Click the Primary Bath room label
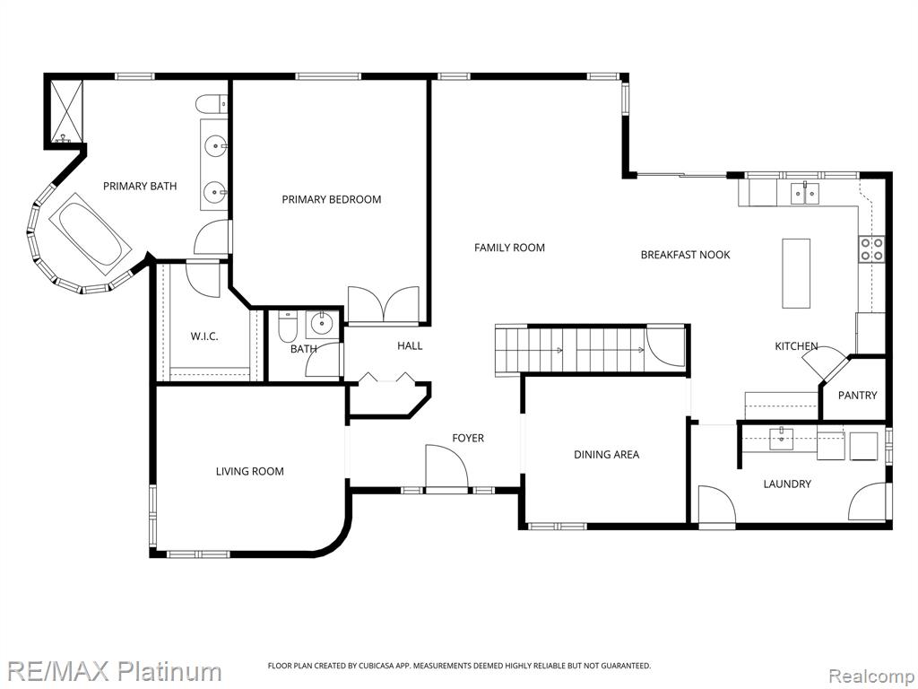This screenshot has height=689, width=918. coord(140,187)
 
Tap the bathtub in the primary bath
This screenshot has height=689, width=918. coord(91,234)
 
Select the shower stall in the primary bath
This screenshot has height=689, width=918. coord(64,112)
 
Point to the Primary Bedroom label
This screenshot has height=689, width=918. coord(332,199)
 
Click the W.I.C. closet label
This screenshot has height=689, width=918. coord(204,336)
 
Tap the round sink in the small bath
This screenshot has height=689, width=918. coord(321,323)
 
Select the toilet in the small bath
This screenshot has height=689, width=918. coord(288,327)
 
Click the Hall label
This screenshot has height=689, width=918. coord(410,345)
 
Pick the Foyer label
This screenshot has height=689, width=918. coord(468,438)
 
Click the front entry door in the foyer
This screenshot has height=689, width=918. coord(446,467)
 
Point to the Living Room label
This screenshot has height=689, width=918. coord(250,471)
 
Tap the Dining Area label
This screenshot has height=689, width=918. coord(607,454)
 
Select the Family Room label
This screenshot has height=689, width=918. coord(509,248)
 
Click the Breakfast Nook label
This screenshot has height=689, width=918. coord(686,255)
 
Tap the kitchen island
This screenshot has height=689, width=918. coord(796,273)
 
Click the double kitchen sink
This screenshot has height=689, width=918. coord(806,193)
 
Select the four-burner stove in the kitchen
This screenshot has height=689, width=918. coord(871,249)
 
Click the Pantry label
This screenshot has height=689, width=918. coord(858,396)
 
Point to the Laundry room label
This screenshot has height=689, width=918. coord(787,484)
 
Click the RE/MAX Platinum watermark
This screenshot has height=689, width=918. coord(115,671)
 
